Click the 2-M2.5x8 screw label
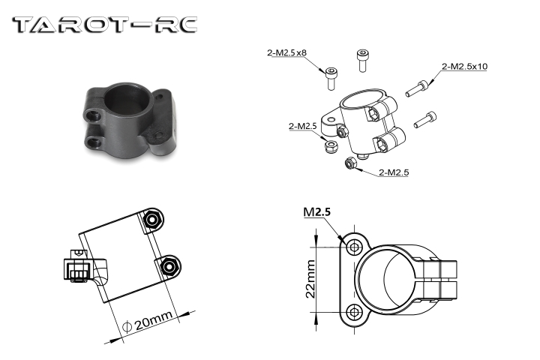tap(286, 52)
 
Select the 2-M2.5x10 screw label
tap(465, 67)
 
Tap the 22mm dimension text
tap(310, 278)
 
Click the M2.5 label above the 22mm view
tap(316, 212)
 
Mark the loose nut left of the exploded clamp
tap(328, 145)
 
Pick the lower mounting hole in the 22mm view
tap(355, 311)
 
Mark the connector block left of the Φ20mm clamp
tap(77, 268)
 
